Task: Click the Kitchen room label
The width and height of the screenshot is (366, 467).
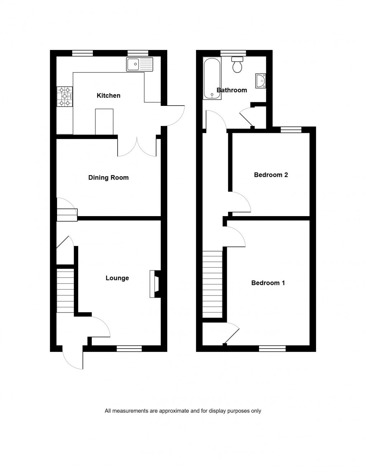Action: click(108, 95)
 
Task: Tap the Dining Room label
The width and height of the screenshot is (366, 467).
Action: click(108, 178)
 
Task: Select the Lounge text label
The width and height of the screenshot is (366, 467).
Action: click(117, 278)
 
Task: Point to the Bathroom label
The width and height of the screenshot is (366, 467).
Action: click(232, 90)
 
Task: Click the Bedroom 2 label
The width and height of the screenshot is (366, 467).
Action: click(271, 175)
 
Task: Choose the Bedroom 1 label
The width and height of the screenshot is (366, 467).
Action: click(268, 283)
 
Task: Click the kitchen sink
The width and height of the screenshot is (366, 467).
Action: click(139, 64)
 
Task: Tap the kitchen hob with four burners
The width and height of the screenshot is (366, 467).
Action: click(65, 97)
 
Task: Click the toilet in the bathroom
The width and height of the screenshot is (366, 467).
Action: click(237, 65)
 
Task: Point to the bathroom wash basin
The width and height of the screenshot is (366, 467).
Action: click(261, 81)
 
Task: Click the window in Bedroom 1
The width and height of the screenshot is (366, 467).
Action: click(272, 348)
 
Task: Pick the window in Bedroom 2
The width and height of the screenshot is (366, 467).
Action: click(291, 130)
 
